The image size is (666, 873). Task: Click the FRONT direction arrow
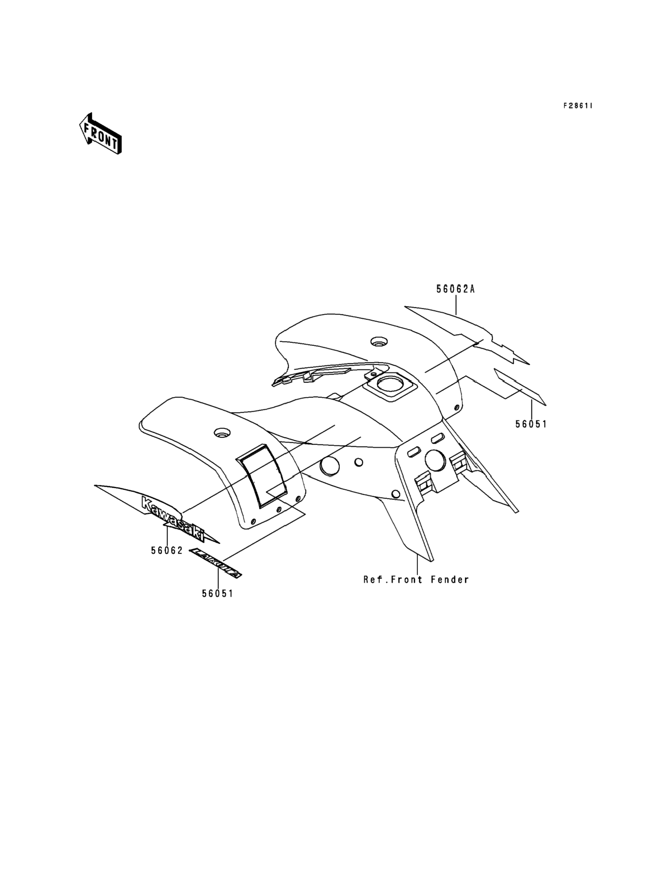pyautogui.click(x=100, y=134)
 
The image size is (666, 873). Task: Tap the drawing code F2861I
pyautogui.click(x=578, y=106)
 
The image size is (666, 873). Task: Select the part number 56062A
pyautogui.click(x=456, y=289)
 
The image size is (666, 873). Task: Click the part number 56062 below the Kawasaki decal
pyautogui.click(x=167, y=550)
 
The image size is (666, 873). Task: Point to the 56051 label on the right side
pyautogui.click(x=531, y=424)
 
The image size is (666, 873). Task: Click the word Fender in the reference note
pyautogui.click(x=450, y=580)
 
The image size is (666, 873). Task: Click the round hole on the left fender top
pyautogui.click(x=222, y=432)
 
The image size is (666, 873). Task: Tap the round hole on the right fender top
pyautogui.click(x=378, y=342)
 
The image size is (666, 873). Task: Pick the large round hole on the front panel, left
pyautogui.click(x=329, y=466)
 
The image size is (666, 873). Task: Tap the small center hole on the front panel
pyautogui.click(x=359, y=462)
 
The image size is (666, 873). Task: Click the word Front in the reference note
pyautogui.click(x=407, y=580)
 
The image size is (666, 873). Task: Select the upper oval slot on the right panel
pyautogui.click(x=437, y=438)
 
